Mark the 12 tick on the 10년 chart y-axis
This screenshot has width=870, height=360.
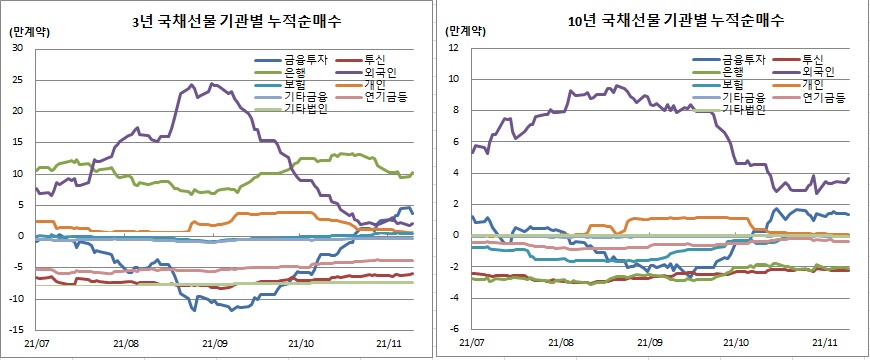(454, 48)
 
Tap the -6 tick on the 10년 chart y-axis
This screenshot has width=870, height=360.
(453, 328)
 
